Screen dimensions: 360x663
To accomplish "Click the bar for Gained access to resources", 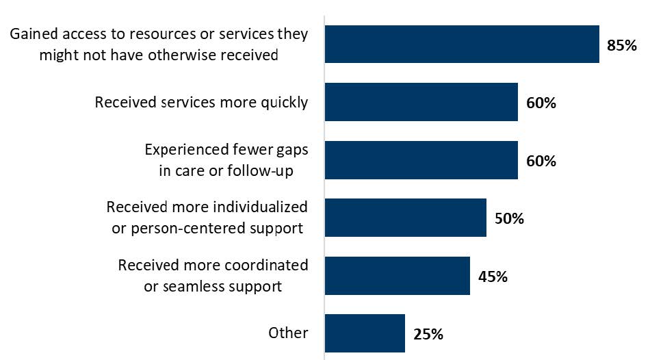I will pos(462,44).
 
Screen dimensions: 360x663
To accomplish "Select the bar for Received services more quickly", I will pos(421,103).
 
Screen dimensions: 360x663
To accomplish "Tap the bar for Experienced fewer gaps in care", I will pos(421,160).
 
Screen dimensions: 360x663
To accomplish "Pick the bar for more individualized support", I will pos(405,218).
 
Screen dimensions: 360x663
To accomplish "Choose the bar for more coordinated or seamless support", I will pos(397,276).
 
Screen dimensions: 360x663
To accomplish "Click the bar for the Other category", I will pos(365,333).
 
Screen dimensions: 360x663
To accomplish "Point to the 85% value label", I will pos(622,46).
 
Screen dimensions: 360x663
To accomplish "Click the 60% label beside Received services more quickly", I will pos(541,104).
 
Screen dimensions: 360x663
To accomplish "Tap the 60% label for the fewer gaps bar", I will pos(541,162).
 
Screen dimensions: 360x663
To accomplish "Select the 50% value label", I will pos(509,219).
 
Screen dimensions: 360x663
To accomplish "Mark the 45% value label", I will pos(493,277).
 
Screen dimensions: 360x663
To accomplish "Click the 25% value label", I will pos(428,335).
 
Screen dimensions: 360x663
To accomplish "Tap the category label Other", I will pos(289,333).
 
